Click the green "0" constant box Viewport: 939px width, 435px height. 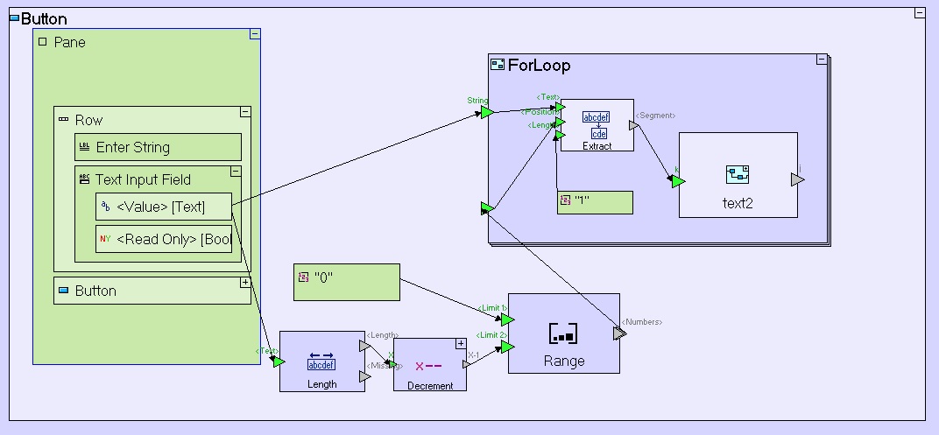click(346, 282)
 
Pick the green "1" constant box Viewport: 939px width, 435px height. click(595, 201)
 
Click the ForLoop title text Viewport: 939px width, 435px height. click(539, 66)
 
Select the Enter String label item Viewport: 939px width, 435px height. click(158, 147)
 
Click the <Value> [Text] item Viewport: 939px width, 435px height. click(163, 207)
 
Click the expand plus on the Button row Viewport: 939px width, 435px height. click(245, 283)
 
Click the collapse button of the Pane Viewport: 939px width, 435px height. click(255, 34)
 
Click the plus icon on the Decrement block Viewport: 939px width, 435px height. click(461, 343)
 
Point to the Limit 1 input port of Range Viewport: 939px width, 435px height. click(507, 319)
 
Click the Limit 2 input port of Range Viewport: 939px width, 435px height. click(507, 347)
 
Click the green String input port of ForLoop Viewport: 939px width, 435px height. click(487, 112)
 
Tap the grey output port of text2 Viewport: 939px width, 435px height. click(797, 179)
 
